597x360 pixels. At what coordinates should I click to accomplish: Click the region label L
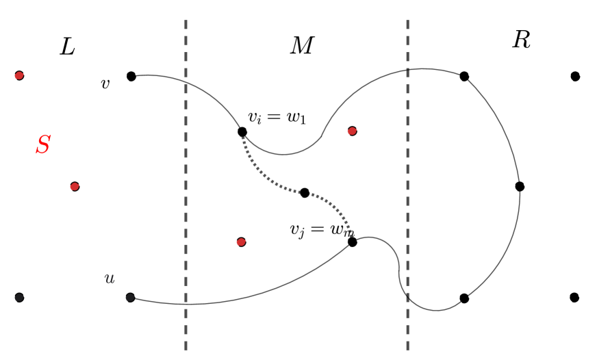point(67,47)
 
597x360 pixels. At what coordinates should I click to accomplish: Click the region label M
point(301,46)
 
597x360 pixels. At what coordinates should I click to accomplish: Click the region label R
point(521,40)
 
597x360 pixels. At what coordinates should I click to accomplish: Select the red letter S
point(43,145)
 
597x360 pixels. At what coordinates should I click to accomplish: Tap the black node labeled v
point(131,76)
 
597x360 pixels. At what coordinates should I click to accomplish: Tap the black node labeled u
point(130,297)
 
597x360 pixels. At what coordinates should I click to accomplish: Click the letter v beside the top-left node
point(105,84)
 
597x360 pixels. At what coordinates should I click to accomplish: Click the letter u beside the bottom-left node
point(109,279)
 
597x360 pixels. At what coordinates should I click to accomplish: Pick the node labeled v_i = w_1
point(242,131)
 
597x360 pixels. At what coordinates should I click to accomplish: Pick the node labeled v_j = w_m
point(352,242)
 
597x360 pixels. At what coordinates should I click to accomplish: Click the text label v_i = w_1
point(277,117)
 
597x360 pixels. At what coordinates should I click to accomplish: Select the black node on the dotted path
point(304,192)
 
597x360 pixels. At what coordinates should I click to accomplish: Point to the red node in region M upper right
point(352,131)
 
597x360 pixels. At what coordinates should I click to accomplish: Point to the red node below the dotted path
point(241,242)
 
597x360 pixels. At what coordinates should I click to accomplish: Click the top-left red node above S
point(19,75)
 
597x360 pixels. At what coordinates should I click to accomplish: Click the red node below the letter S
point(75,186)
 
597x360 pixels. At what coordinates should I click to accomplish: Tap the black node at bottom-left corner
point(19,297)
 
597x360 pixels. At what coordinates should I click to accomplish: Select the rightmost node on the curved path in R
point(520,186)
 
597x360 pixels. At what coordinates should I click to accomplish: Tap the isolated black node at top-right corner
point(575,76)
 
